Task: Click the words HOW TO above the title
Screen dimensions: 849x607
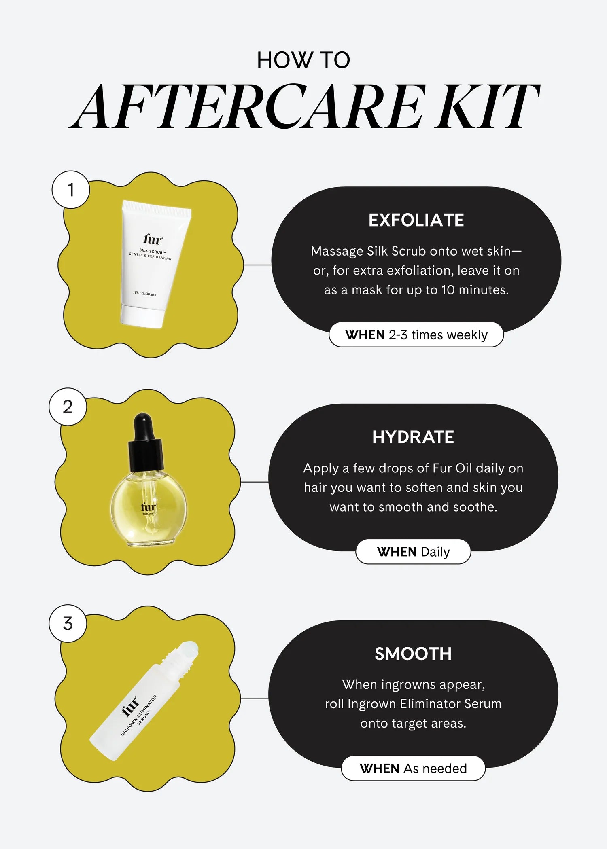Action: tap(303, 60)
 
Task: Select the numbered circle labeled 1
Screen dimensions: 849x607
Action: tap(71, 190)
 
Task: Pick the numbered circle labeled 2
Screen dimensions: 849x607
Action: tap(68, 407)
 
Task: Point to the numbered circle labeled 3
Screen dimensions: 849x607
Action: tap(68, 623)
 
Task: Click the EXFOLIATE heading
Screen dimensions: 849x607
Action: tap(416, 220)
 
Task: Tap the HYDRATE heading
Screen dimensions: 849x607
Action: tap(413, 437)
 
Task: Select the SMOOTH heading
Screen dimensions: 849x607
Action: tap(413, 654)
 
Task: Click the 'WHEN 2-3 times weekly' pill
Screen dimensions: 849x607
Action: tap(416, 335)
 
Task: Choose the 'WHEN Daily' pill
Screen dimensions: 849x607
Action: tap(413, 552)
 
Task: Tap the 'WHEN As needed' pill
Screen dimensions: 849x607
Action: tap(413, 769)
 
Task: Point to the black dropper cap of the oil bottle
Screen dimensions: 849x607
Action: tap(145, 445)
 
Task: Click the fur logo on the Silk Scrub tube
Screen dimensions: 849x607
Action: tap(153, 239)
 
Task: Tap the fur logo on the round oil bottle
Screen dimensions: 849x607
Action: tap(148, 507)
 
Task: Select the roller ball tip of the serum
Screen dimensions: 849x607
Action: tap(190, 647)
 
